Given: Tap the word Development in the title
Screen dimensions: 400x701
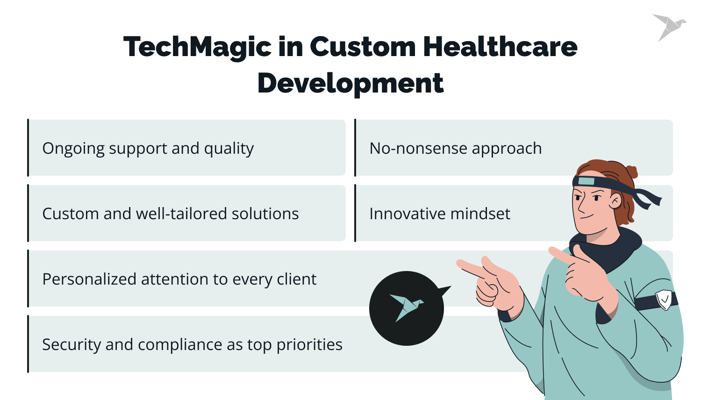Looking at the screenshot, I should tap(350, 84).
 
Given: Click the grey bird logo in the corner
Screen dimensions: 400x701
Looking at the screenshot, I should tap(668, 27).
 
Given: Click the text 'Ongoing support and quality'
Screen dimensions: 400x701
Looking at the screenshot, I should tap(148, 149).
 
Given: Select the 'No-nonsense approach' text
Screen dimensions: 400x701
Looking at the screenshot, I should tap(455, 149).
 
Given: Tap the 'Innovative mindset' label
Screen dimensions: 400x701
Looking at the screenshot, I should tap(439, 214).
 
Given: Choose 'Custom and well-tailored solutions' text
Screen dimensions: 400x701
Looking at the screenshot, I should tap(170, 214).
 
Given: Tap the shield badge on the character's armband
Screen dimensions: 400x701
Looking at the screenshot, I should tap(664, 299).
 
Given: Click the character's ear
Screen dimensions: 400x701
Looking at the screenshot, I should tap(615, 201).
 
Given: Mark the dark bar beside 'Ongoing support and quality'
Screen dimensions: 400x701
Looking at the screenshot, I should tap(28, 148).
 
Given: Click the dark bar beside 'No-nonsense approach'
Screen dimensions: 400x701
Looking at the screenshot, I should tap(355, 148).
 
